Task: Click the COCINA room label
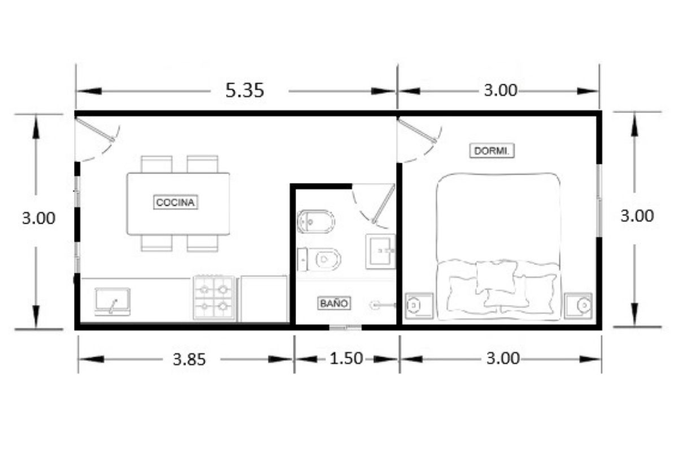point(176,202)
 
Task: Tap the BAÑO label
point(334,303)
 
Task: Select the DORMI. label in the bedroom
point(492,151)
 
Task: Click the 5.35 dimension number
point(245,90)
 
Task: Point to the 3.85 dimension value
point(189,360)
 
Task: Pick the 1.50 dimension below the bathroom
point(346,358)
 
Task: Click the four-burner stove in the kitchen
point(214,298)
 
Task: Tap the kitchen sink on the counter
point(112,301)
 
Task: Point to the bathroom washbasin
point(380,251)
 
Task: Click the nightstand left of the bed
point(419,306)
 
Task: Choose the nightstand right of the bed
point(578,306)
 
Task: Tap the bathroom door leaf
point(384,203)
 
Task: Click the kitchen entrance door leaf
point(95,129)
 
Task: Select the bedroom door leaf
point(417,130)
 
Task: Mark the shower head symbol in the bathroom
point(383,305)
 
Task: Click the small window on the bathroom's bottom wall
point(345,327)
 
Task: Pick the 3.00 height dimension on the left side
point(38,218)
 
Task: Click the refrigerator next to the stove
point(264,298)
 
